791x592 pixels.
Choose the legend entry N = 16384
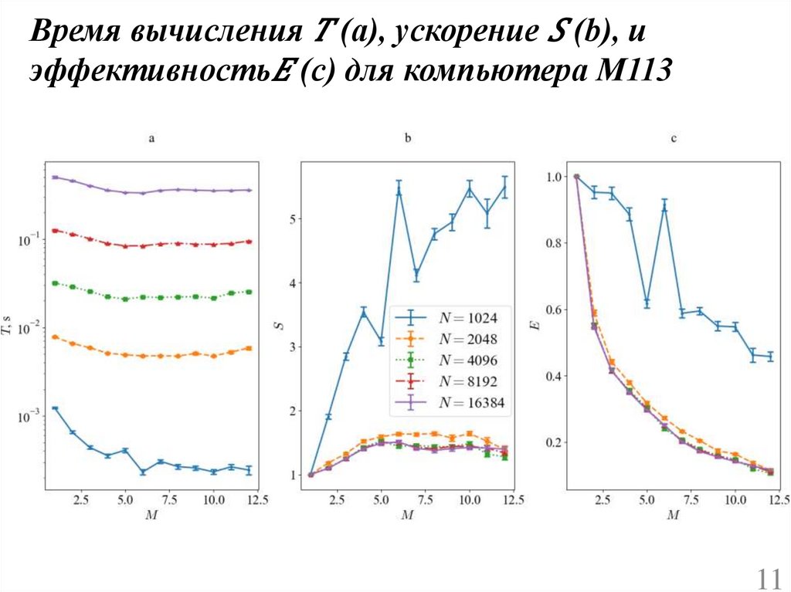[452, 403]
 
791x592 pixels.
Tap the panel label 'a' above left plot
[151, 140]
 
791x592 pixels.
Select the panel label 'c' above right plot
[674, 140]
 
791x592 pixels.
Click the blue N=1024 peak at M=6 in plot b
[399, 190]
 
